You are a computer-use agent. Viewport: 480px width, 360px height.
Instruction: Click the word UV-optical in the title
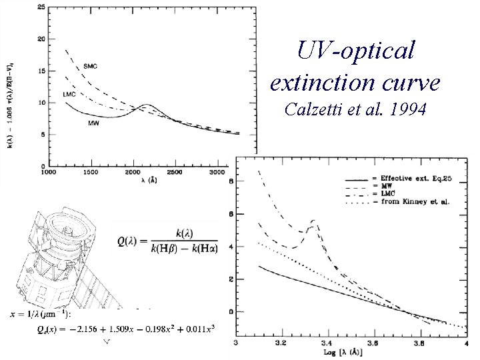356,50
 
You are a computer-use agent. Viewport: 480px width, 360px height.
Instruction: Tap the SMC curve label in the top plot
91,65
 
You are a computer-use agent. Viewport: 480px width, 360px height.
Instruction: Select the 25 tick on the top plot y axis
41,7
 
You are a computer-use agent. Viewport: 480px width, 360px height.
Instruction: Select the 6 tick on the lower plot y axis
231,213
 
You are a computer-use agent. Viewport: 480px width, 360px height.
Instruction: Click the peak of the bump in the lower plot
313,220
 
